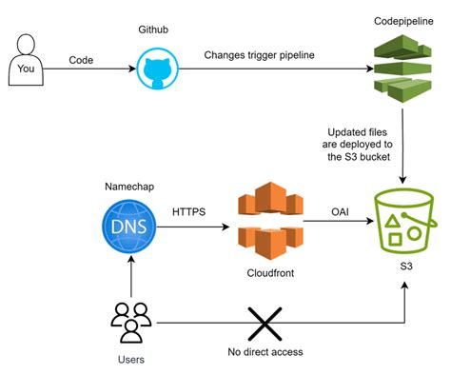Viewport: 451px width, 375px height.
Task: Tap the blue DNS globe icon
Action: point(128,227)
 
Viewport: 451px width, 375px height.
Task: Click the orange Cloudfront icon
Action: point(264,223)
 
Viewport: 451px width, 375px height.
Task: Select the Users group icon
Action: point(128,322)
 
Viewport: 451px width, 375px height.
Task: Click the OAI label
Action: point(337,211)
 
